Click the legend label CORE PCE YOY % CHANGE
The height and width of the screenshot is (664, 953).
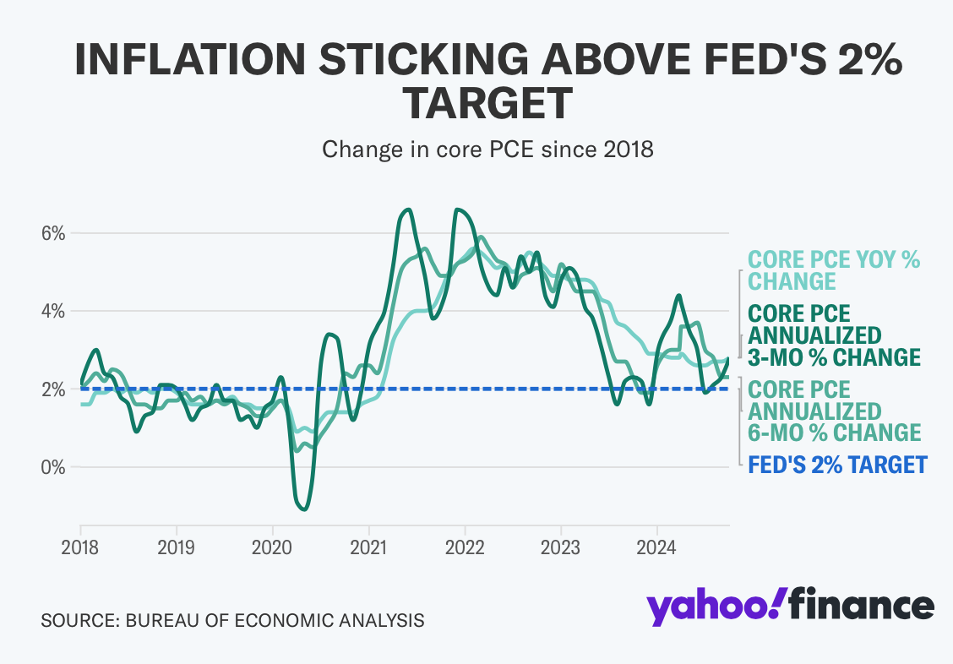[834, 270]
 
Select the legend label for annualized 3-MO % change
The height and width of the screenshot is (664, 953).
[834, 335]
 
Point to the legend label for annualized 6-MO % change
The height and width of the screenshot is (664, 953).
[834, 411]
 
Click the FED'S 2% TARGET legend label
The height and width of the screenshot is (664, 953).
[837, 465]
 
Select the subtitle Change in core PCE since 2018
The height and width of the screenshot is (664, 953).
[487, 150]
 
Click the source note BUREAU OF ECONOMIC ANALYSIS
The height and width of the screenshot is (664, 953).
[275, 621]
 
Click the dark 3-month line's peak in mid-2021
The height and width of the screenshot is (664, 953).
[408, 210]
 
